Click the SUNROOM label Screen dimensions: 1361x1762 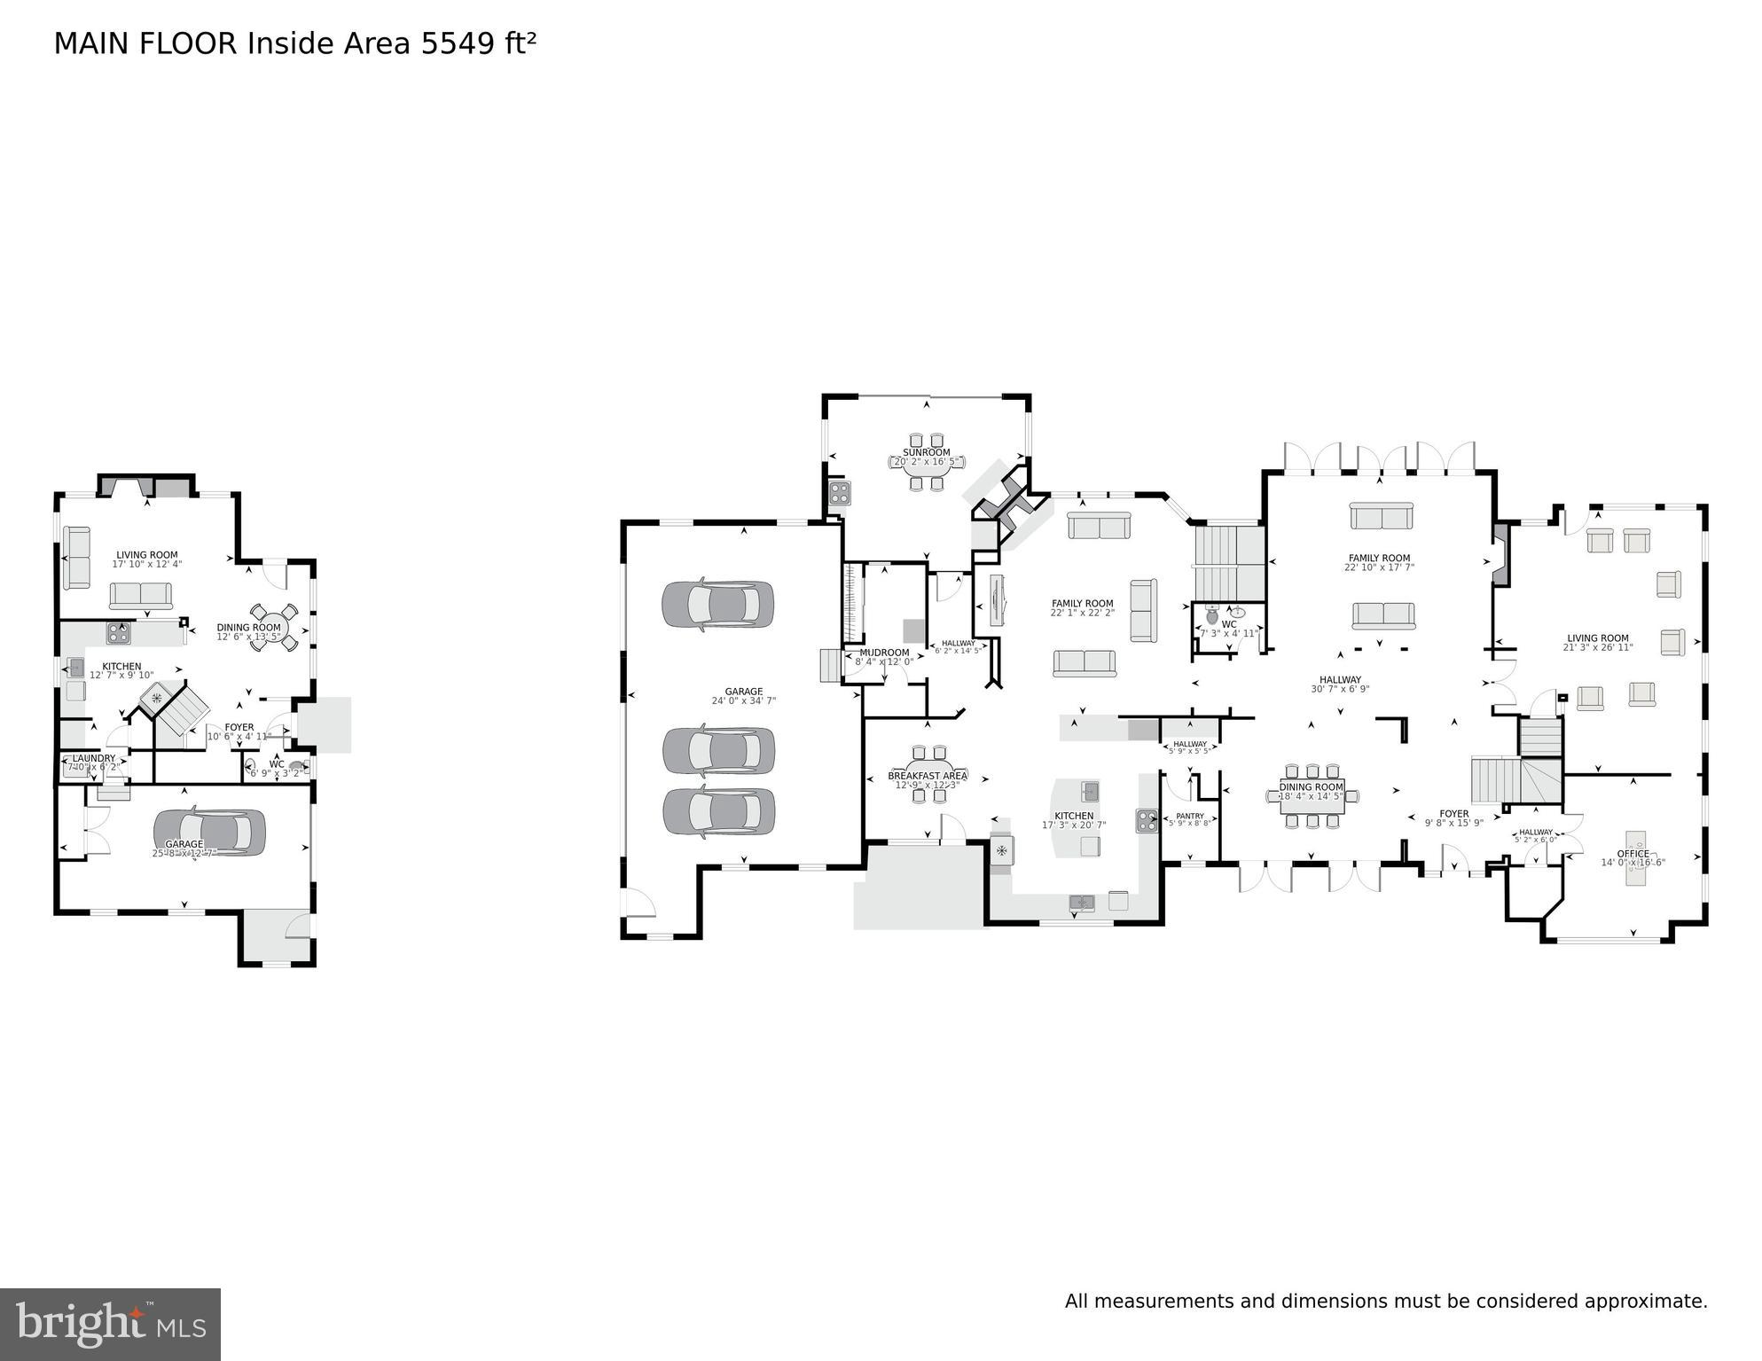click(926, 452)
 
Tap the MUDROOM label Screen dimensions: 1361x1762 click(884, 653)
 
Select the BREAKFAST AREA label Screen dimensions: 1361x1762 click(927, 776)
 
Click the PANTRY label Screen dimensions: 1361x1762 click(1189, 816)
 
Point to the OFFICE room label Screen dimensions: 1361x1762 click(1633, 854)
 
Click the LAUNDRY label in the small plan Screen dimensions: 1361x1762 click(94, 758)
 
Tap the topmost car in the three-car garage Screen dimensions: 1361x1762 click(717, 605)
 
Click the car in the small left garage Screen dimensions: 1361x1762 click(209, 833)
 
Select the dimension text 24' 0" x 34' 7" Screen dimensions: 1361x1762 click(743, 700)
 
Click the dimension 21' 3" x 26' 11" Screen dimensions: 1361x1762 click(1597, 647)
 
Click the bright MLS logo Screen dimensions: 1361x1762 click(110, 1324)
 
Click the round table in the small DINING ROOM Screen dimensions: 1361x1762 click(274, 627)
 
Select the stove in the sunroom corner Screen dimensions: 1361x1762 click(839, 492)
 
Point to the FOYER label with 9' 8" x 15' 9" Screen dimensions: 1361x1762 click(1453, 813)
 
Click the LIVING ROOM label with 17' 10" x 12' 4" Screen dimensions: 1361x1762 click(146, 555)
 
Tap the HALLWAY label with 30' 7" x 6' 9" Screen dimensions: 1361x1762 click(1339, 679)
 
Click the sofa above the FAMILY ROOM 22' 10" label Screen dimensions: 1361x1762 click(1381, 516)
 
